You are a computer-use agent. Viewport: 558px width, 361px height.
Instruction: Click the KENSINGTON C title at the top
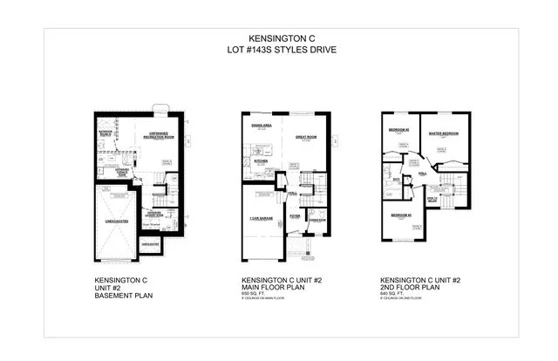click(x=278, y=38)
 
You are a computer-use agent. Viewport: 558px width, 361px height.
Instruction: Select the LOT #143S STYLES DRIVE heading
click(x=278, y=50)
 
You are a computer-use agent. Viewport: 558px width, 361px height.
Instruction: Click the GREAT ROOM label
click(x=304, y=137)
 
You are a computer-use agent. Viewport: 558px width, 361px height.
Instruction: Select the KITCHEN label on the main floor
click(x=260, y=161)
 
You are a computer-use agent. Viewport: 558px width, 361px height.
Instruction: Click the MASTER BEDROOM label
click(x=443, y=133)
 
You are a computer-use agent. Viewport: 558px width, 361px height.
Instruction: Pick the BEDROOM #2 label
click(x=398, y=129)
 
